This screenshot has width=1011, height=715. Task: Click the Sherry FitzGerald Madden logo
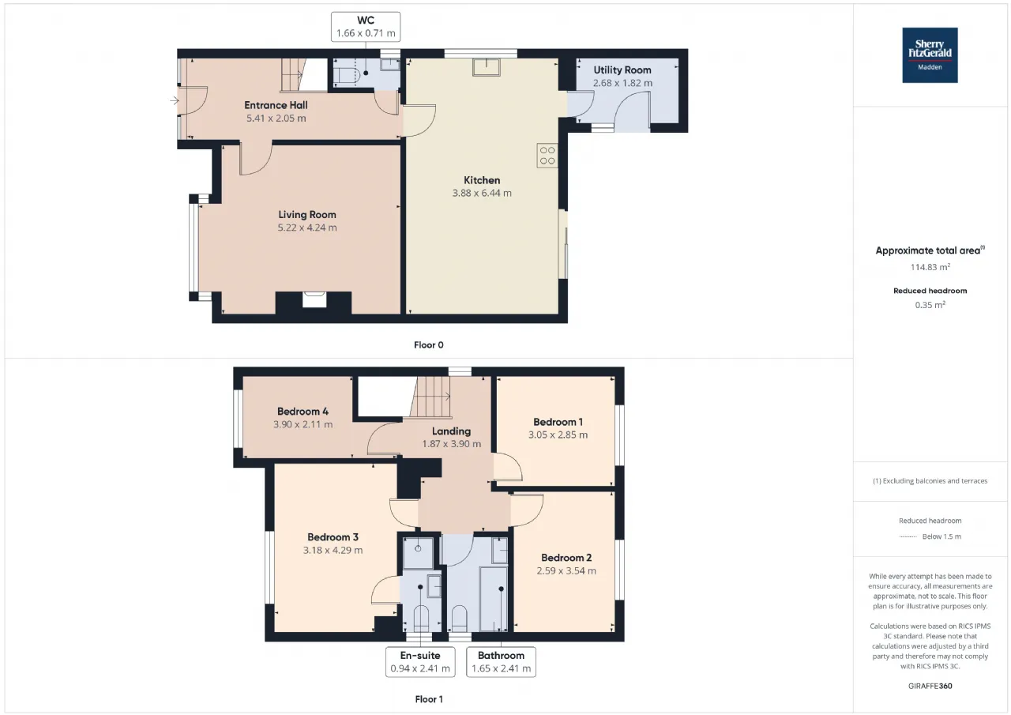(930, 55)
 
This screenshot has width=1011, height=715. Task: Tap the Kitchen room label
(482, 180)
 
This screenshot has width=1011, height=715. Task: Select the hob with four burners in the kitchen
(547, 156)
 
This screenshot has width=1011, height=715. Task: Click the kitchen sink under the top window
(486, 67)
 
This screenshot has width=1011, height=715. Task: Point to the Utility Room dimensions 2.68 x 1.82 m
(622, 83)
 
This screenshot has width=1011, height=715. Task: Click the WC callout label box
(366, 27)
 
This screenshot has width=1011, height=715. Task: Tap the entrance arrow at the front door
(175, 100)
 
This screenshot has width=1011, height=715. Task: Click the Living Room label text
(307, 215)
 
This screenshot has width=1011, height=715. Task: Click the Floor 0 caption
(429, 345)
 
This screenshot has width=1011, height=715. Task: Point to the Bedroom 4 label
(303, 411)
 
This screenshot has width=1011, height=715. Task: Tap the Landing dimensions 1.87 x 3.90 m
(451, 444)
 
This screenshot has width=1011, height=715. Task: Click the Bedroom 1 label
(558, 422)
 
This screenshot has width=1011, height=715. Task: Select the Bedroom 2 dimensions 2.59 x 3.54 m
(566, 570)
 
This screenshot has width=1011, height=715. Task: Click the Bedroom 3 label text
(333, 537)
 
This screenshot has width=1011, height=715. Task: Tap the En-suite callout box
(420, 662)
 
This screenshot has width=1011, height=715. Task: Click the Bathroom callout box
(501, 662)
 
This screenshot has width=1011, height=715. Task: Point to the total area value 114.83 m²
(930, 267)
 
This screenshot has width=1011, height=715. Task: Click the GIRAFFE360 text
(930, 686)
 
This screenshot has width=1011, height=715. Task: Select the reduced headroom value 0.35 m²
(930, 305)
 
